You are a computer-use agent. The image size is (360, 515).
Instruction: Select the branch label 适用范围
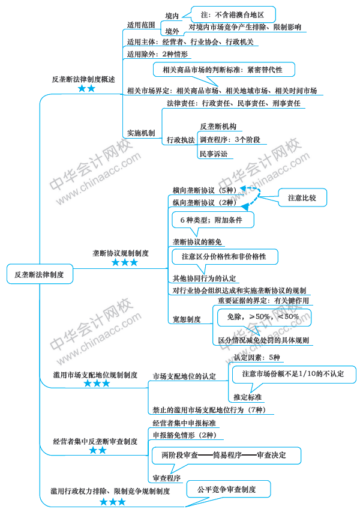point(141,25)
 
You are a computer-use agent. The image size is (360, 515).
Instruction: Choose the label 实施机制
point(141,133)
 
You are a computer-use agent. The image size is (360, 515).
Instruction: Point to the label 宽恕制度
point(187,319)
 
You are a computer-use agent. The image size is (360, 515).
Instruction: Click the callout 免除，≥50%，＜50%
point(263,316)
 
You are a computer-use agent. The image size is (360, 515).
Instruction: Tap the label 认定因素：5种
point(257,357)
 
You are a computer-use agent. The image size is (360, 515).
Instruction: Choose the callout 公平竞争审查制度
point(227,490)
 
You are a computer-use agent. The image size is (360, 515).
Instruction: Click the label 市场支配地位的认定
point(184,376)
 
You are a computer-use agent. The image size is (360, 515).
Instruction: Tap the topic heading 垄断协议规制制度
point(121,253)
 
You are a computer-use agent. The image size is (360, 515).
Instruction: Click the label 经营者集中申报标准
point(184,423)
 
